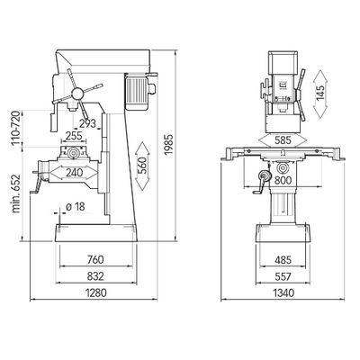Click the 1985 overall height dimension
(x=169, y=144)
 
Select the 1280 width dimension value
(x=96, y=292)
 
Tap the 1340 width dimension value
(x=283, y=292)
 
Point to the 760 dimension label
(x=95, y=259)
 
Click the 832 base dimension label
(x=95, y=276)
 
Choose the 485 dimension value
(x=283, y=260)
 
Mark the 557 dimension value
(x=283, y=276)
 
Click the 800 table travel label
(x=283, y=180)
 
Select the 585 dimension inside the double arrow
(x=283, y=140)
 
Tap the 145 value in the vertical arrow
(x=320, y=93)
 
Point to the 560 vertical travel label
(x=142, y=166)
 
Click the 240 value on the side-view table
(x=74, y=173)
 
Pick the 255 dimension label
(x=74, y=136)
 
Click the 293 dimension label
(x=87, y=123)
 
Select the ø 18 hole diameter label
(x=76, y=206)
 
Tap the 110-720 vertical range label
(x=16, y=128)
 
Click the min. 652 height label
(x=16, y=193)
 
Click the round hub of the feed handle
(x=77, y=94)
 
